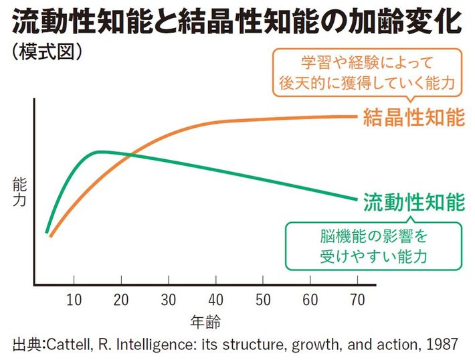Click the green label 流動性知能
tap(414, 201)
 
